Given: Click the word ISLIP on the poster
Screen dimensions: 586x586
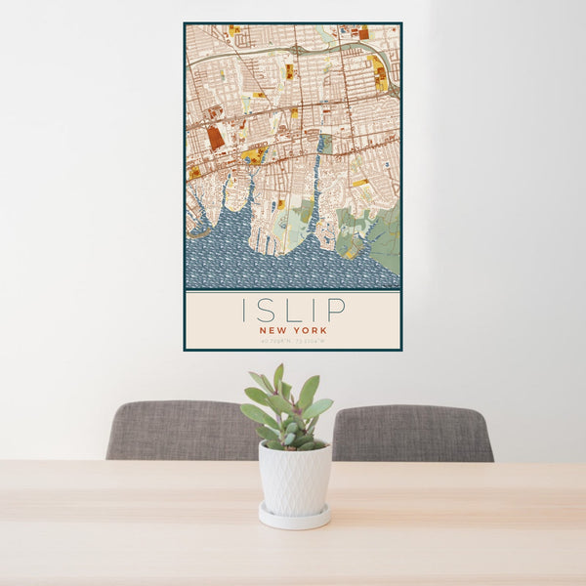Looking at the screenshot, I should [x=292, y=310].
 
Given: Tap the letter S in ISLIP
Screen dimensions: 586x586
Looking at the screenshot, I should [x=270, y=310].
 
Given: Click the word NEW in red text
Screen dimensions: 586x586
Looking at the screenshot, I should [x=274, y=330].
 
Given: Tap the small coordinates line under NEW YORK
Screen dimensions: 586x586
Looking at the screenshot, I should [x=292, y=341].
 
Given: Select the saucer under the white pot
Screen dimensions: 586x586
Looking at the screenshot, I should [x=294, y=518].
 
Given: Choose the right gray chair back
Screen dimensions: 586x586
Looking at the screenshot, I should [x=412, y=433].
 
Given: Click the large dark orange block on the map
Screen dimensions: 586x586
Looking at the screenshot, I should [x=216, y=138].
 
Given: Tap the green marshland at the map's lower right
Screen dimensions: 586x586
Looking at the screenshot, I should [x=386, y=239].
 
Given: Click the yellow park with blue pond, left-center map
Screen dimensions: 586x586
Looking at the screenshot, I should [x=253, y=155].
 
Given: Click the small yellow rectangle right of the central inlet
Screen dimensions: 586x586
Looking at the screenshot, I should [x=360, y=183].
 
